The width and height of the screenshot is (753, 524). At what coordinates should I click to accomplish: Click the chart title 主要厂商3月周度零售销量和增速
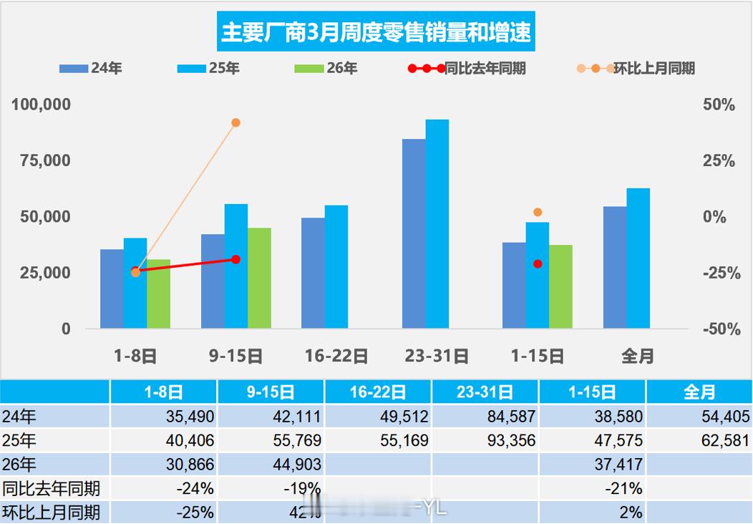click(x=376, y=33)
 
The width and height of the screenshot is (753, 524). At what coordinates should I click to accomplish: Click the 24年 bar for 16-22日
click(x=313, y=273)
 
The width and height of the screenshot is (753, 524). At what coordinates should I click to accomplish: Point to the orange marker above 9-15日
click(x=236, y=122)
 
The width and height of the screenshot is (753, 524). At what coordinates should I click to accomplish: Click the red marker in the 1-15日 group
click(x=538, y=263)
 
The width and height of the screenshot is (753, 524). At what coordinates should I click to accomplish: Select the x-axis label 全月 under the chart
click(x=637, y=355)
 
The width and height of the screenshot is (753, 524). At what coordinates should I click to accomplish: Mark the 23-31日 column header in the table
click(x=485, y=392)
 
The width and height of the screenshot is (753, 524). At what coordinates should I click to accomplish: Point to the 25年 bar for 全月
click(x=638, y=258)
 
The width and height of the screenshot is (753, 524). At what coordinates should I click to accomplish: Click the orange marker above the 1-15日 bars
click(x=538, y=212)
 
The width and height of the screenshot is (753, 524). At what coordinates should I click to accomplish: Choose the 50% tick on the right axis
click(x=718, y=105)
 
